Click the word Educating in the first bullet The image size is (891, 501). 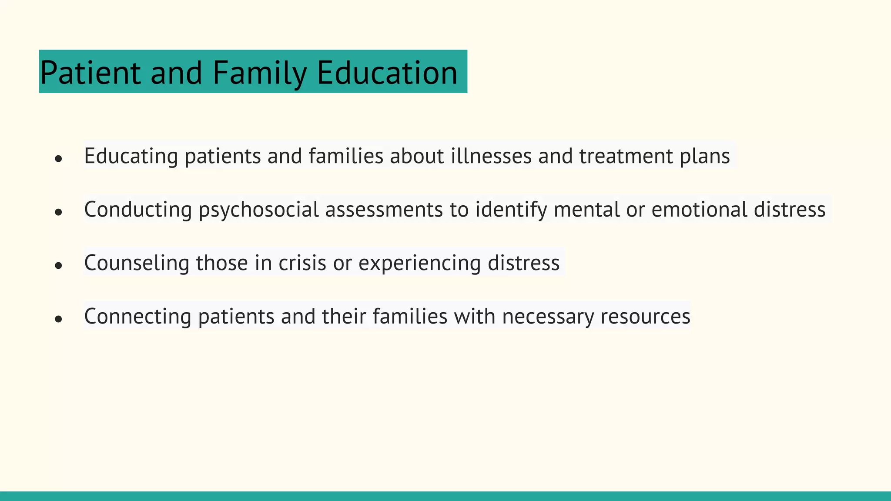tap(131, 156)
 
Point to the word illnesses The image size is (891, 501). tap(491, 156)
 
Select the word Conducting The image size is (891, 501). tap(138, 210)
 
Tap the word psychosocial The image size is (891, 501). tap(259, 210)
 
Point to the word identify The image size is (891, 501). tap(511, 210)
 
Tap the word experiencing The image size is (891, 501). tap(419, 263)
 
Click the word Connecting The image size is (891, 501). tap(137, 317)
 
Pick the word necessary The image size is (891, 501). tap(548, 317)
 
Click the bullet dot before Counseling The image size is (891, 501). tap(59, 265)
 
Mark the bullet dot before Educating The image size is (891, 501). tap(59, 159)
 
